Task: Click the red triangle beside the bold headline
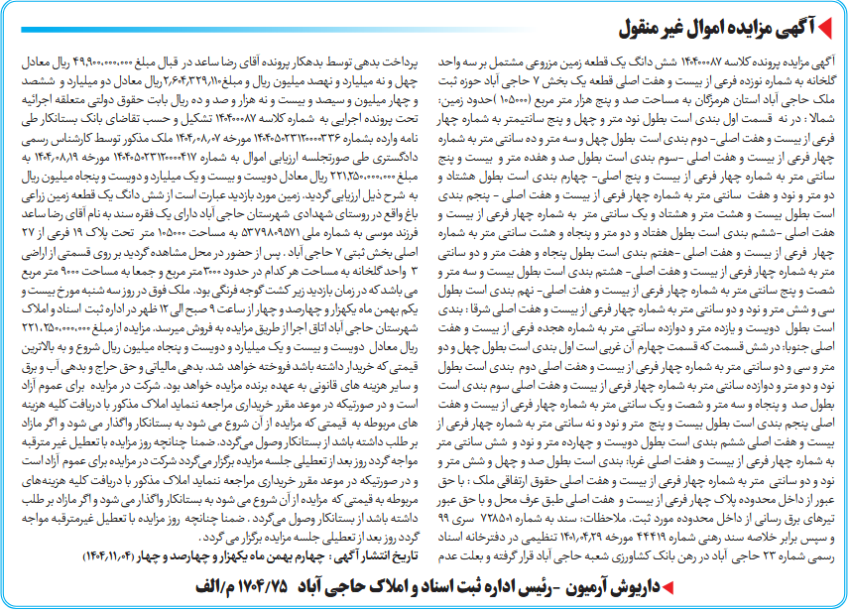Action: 832,23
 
